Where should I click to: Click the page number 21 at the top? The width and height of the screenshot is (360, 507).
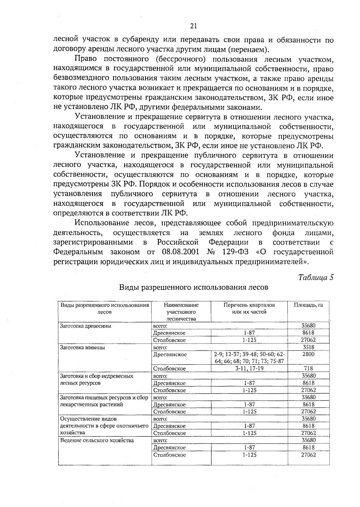[x=193, y=26]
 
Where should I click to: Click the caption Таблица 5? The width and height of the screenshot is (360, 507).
[x=316, y=277]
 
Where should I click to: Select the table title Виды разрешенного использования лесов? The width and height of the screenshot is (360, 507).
[x=193, y=287]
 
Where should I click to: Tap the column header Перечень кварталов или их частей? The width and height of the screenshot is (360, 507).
[x=249, y=308]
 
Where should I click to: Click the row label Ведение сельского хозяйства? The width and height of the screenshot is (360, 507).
[x=97, y=440]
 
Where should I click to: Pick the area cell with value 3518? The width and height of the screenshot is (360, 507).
[x=308, y=347]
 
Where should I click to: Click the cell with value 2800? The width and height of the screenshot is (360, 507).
[x=308, y=354]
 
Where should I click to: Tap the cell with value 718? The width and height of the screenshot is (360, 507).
[x=308, y=368]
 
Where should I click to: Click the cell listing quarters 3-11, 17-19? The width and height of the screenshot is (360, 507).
[x=249, y=368]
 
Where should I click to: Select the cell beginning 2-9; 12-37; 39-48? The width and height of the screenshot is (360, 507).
[x=249, y=358]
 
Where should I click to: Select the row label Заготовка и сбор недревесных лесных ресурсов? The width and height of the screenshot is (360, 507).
[x=97, y=379]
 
